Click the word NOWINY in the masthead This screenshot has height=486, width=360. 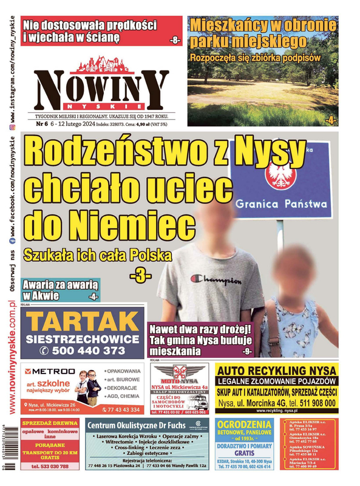[101, 89]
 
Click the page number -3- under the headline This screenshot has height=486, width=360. [140, 275]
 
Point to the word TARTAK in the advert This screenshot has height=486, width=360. [83, 321]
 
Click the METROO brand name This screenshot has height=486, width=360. [53, 371]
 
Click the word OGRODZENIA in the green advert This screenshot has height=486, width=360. [243, 424]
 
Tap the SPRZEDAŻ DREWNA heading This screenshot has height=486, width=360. [50, 423]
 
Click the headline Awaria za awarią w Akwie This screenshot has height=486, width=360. [59, 290]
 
